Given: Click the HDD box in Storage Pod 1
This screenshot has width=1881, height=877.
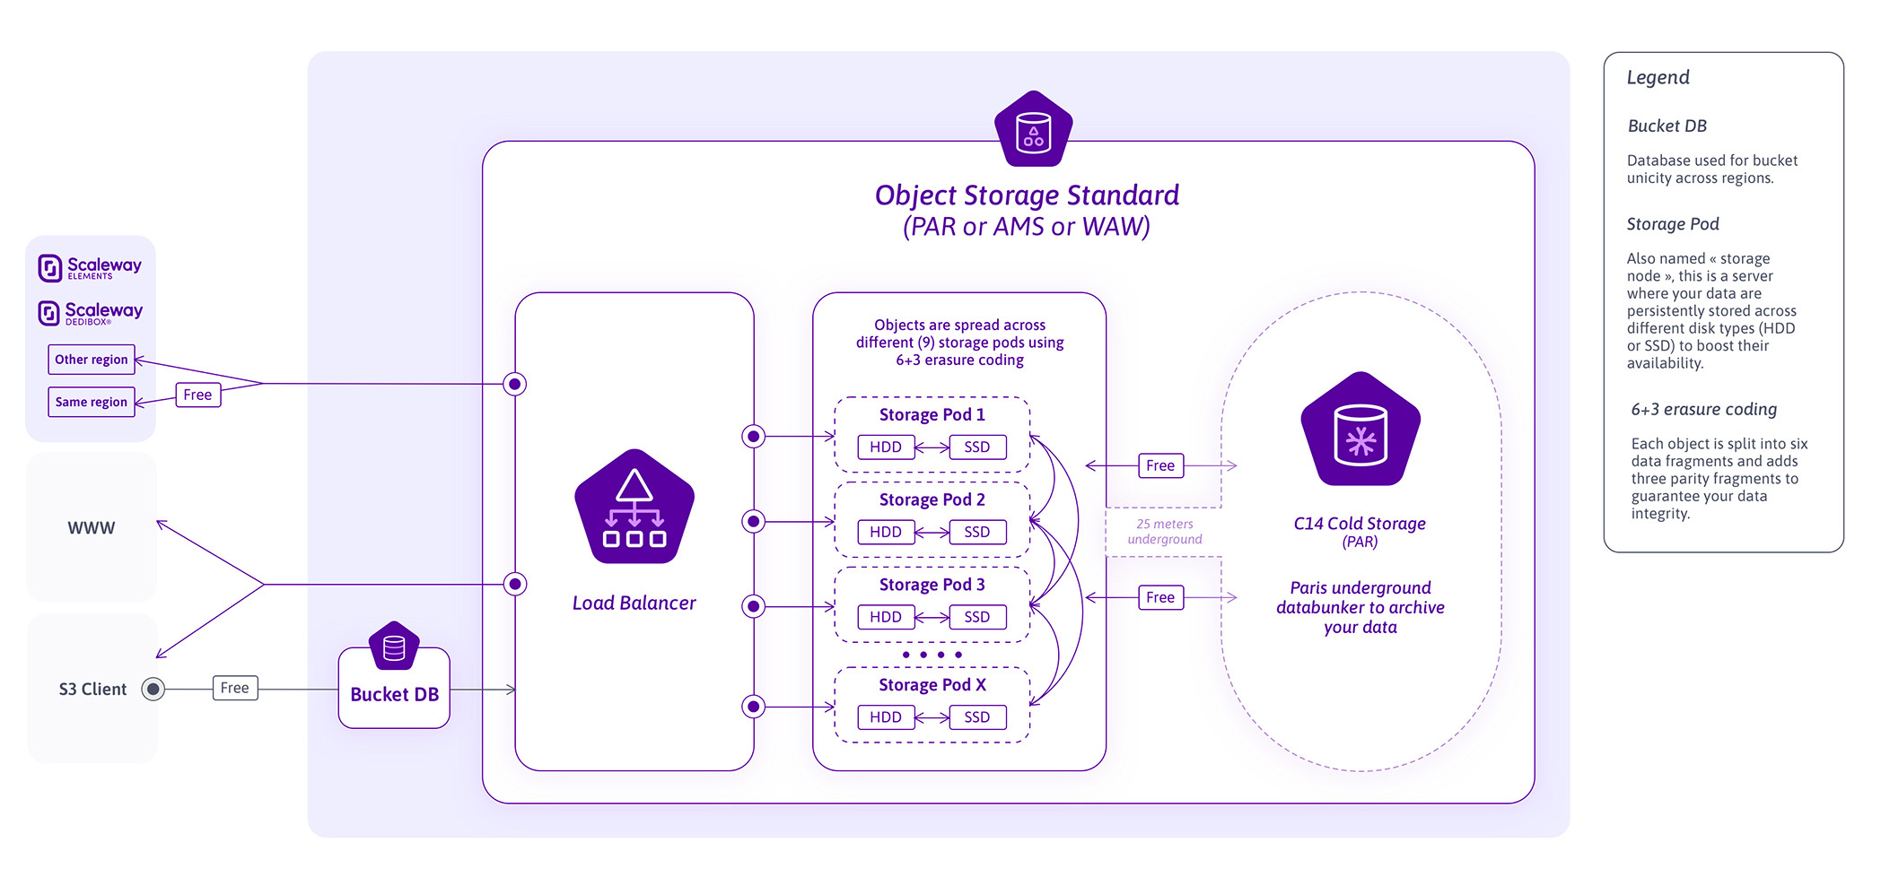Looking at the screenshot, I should coord(885,447).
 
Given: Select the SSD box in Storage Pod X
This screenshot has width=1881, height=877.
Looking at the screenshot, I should coord(976,717).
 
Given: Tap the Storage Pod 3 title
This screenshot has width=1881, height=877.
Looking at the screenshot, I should coord(932,585).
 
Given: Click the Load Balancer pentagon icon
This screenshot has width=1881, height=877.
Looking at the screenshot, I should coord(634,508).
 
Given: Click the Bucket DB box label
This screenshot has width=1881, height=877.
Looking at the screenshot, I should coord(394,694).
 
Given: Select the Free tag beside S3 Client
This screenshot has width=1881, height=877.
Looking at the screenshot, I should coord(235,688).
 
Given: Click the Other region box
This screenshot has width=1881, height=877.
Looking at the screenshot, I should coord(91,360).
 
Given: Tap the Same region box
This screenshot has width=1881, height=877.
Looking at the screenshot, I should coord(91,402).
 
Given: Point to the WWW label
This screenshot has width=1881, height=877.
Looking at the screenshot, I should coord(91,528).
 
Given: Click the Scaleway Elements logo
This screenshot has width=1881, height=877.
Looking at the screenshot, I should coord(90,267).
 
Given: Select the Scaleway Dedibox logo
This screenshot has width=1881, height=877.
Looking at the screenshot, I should coord(90,313).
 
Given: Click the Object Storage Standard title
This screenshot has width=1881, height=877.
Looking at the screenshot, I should coord(1027,195).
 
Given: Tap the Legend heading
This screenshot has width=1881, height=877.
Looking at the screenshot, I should coord(1658,77).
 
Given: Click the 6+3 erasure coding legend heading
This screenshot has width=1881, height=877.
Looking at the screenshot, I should coord(1703,409).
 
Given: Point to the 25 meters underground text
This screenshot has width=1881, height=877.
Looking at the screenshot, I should coord(1164,531).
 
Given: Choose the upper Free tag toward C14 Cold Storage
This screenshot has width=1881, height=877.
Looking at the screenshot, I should coord(1159,465).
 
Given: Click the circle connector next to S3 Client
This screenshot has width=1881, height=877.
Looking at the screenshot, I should coord(153,689).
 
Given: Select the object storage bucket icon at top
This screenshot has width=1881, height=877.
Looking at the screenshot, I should coord(1033,130).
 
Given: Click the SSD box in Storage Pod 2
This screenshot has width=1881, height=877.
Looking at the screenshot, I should coord(976,532).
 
